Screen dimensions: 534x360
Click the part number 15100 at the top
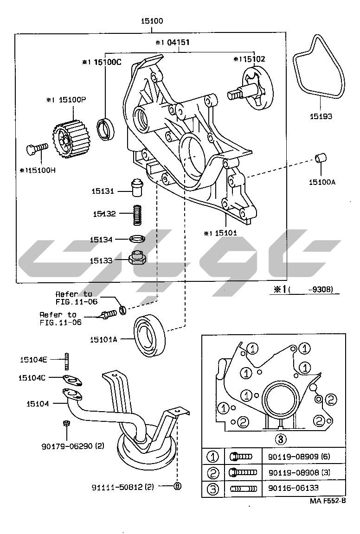(x=153, y=21)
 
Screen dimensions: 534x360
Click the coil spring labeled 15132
(x=136, y=214)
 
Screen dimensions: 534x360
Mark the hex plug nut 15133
(x=137, y=258)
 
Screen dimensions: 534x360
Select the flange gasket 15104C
(x=72, y=380)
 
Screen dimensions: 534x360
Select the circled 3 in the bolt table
(x=212, y=488)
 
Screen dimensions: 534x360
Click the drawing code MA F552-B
(x=328, y=501)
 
